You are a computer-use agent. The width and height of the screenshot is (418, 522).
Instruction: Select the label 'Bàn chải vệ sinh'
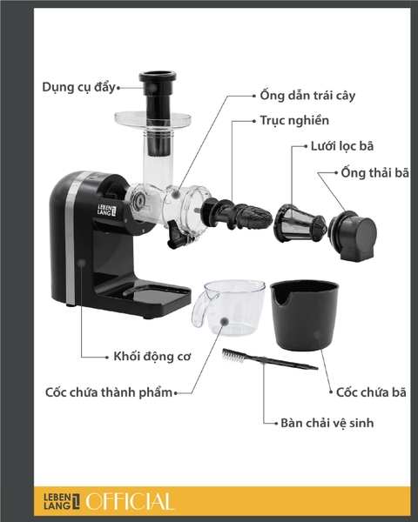(327, 425)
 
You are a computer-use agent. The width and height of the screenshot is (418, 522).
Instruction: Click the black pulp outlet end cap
(355, 232)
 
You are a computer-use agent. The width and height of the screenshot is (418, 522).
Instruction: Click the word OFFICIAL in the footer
(131, 501)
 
